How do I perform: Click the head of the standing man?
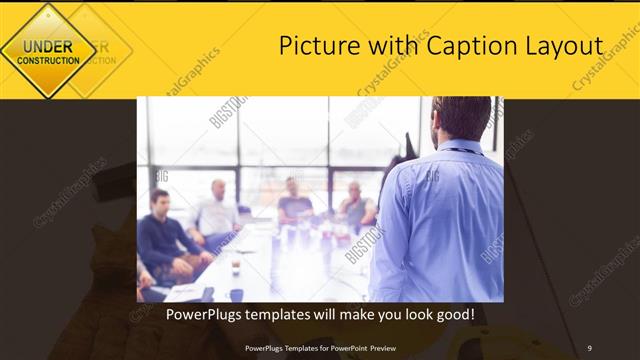coord(461,118)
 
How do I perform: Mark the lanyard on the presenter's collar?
coord(461,150)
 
